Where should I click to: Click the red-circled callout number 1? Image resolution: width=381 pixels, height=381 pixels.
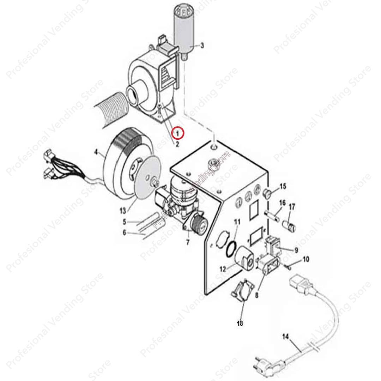178,133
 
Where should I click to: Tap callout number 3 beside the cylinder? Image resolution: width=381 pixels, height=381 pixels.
202,46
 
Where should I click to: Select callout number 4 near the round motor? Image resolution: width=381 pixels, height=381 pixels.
96,152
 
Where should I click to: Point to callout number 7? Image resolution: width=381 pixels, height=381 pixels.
188,242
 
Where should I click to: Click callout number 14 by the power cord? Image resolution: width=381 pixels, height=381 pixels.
285,336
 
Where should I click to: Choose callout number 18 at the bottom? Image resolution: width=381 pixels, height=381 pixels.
240,323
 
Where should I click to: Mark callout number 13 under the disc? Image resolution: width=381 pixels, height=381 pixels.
123,211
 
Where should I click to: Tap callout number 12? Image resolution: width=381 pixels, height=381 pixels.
223,268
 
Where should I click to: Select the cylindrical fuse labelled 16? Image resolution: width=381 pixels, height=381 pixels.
272,215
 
